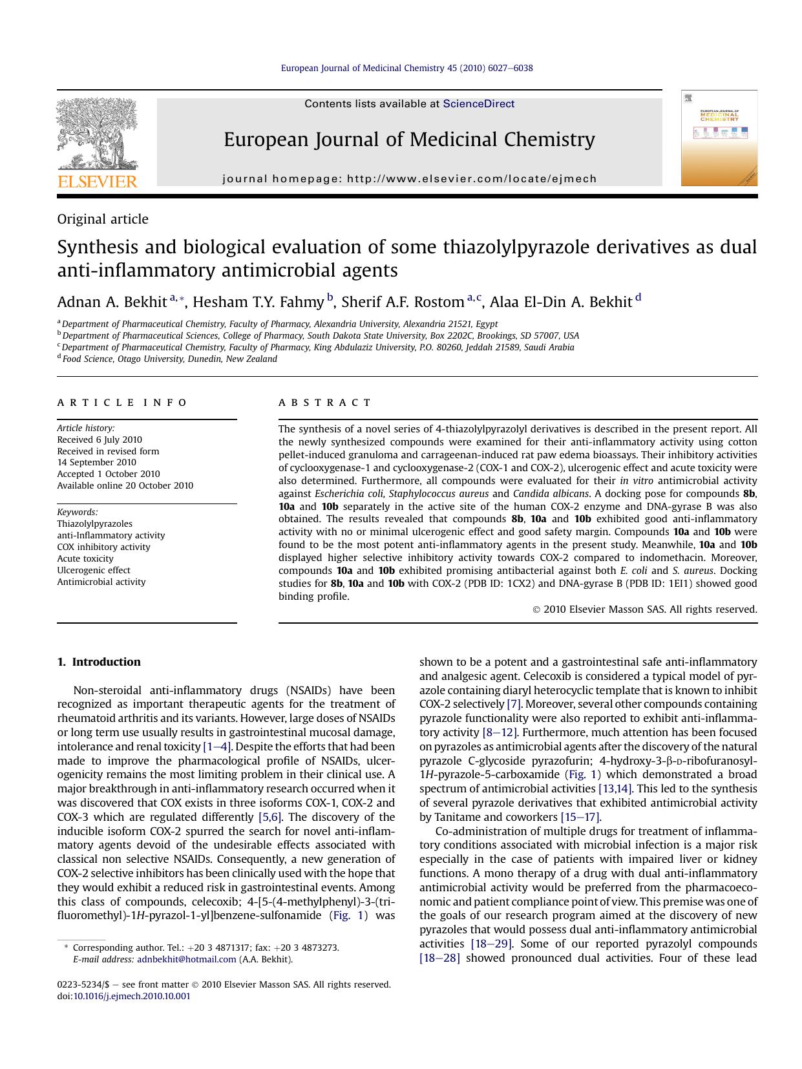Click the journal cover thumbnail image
[719, 138]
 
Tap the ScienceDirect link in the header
[478, 104]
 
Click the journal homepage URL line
[410, 179]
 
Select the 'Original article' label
[103, 219]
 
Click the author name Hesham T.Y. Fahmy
[258, 302]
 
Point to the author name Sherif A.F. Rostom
[402, 302]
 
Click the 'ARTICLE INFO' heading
[122, 403]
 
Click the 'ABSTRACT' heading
[325, 403]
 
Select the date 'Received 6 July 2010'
[100, 439]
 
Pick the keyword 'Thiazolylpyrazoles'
[94, 524]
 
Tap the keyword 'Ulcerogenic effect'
[94, 570]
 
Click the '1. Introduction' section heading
[99, 662]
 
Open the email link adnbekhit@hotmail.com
[186, 960]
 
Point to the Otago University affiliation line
[169, 359]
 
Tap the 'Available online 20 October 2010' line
[125, 485]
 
